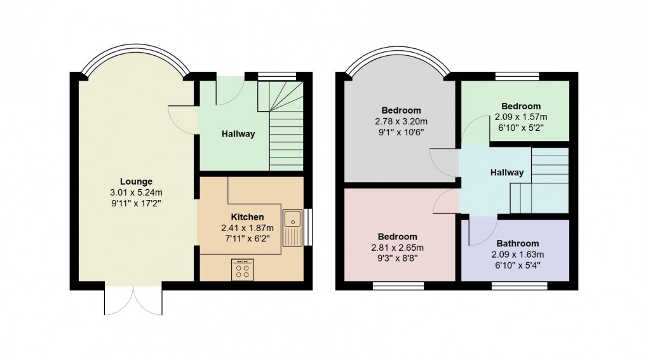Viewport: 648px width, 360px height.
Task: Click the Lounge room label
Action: tap(137, 182)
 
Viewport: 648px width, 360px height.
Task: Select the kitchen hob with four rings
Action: tap(242, 270)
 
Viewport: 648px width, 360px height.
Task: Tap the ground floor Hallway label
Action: tap(238, 134)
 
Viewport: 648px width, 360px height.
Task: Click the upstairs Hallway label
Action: tap(506, 172)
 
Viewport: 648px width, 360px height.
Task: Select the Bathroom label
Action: tap(518, 243)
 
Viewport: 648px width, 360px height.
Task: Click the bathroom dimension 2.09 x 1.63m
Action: tap(518, 254)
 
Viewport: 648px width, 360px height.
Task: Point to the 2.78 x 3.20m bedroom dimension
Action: tap(401, 121)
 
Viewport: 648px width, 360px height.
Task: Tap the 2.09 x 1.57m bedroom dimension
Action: tap(520, 117)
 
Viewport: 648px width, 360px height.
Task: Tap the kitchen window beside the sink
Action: tap(307, 227)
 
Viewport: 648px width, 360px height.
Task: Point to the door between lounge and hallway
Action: tap(182, 117)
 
